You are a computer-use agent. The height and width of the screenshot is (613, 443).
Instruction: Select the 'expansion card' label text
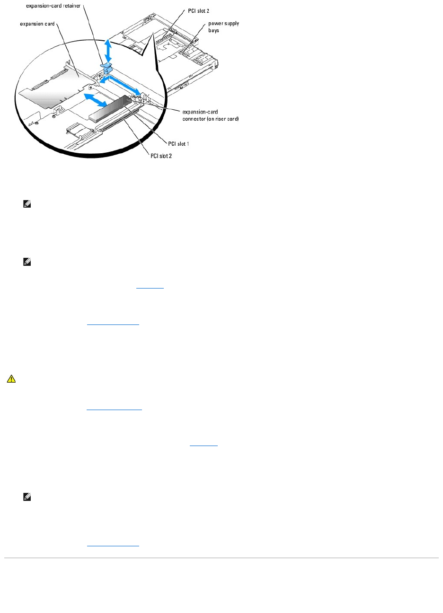(37, 24)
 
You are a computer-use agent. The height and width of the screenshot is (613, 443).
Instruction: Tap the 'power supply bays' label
(223, 27)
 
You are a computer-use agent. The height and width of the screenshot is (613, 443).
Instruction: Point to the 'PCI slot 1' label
(178, 144)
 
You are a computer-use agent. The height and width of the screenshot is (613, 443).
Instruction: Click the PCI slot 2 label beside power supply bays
(198, 11)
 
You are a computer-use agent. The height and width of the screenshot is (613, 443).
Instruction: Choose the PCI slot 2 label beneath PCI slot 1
(161, 156)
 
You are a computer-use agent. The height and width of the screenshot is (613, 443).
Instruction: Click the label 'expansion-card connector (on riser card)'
(211, 115)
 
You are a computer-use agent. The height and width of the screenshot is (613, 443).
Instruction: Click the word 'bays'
(213, 30)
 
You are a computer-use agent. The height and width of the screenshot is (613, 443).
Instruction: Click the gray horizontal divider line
(221, 558)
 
